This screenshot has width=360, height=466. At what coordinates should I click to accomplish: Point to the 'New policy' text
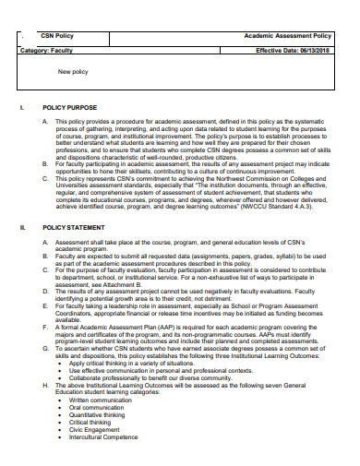click(74, 71)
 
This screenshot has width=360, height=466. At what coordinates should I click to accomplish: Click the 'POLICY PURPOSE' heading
click(70, 107)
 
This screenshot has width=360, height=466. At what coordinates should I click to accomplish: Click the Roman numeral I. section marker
click(21, 107)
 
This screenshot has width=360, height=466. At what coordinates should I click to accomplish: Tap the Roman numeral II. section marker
click(22, 226)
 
